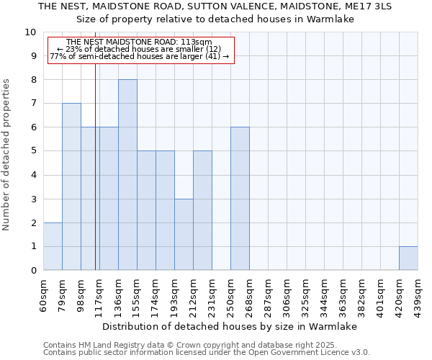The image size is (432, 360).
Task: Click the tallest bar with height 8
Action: tap(127, 175)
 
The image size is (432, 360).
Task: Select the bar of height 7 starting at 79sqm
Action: tap(71, 186)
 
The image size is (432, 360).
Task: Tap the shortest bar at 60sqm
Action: tap(53, 246)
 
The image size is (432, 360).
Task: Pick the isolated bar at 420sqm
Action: tap(408, 258)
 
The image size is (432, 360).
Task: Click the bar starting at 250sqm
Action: tap(240, 199)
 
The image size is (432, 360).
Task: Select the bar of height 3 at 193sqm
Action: tap(184, 235)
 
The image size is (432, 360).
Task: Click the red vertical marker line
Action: tap(95, 166)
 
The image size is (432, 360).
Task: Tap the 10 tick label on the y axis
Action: tap(30, 32)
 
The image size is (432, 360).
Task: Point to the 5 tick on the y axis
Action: tap(33, 151)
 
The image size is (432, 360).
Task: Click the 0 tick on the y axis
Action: tap(33, 271)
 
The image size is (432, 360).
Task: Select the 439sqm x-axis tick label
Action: tap(418, 294)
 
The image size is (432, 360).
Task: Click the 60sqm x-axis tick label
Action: tap(43, 294)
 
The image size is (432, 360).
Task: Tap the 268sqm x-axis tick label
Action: tap(249, 294)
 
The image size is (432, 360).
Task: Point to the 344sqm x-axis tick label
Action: tap(324, 294)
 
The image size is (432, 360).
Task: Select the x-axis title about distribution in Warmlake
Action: tap(230, 326)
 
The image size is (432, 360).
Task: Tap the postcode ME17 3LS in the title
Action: tap(368, 6)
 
